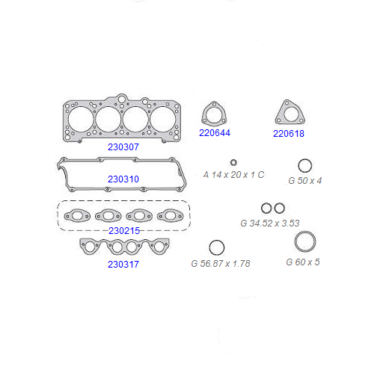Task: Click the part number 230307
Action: click(123, 147)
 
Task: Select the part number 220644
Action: click(215, 132)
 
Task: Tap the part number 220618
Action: click(289, 133)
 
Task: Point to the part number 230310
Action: click(123, 179)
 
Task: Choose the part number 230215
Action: click(124, 231)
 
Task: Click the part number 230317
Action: click(123, 265)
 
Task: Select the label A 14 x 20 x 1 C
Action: click(233, 175)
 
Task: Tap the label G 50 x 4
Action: click(305, 181)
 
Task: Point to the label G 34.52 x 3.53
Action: click(270, 223)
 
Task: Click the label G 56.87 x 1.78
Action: click(221, 264)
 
